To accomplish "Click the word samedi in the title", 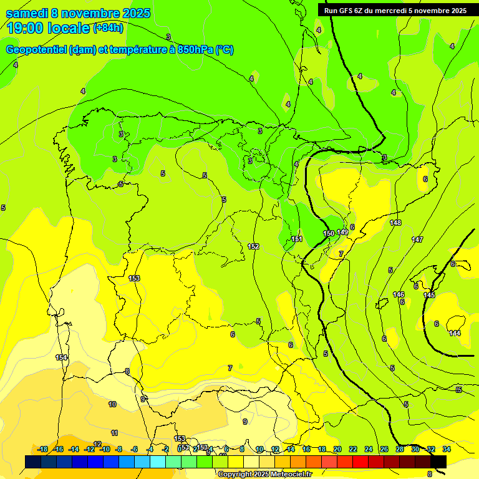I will [x=27, y=13].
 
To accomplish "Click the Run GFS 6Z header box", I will [x=395, y=11].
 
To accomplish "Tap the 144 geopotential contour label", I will [x=455, y=333].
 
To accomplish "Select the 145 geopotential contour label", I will [x=429, y=295].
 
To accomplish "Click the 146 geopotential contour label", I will [x=399, y=294].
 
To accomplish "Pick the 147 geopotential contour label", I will [x=417, y=239].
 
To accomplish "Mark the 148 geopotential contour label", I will [x=395, y=223].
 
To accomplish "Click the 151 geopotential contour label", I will [x=297, y=239].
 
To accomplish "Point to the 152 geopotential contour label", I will [x=253, y=246].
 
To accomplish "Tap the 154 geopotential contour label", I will [x=61, y=357].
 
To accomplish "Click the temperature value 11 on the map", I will [x=114, y=433].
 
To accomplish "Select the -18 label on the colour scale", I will [x=42, y=449].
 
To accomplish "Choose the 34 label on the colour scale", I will [x=447, y=449].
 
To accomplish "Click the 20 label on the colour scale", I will [x=337, y=449].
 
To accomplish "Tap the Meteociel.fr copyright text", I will [x=265, y=475].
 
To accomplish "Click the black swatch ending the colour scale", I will [x=438, y=462].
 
